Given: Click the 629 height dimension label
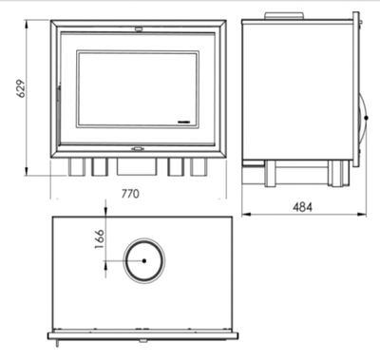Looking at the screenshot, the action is click(x=21, y=88).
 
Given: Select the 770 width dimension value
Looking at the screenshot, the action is click(x=130, y=193).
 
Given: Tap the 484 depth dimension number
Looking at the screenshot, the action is click(x=302, y=207).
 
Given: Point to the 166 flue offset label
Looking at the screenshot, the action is click(x=99, y=239).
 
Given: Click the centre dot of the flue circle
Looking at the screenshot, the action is click(x=144, y=261).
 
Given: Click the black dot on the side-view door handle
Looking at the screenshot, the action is click(x=366, y=118).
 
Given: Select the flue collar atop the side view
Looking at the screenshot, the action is click(x=284, y=16).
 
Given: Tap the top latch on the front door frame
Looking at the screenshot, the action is click(x=139, y=28).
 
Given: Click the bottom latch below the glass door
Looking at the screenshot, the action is click(x=138, y=148).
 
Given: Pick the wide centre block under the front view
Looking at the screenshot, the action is click(x=137, y=166).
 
